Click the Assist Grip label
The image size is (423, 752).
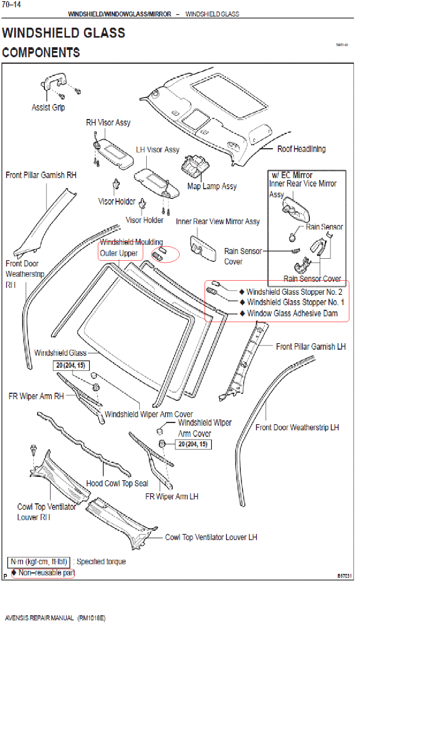48,107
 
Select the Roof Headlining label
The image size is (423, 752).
301,149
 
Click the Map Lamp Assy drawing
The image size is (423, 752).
195,165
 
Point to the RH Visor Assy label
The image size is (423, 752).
108,123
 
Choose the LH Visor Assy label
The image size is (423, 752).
157,150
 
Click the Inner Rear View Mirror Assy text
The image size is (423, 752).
218,221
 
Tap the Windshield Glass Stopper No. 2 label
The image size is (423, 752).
294,292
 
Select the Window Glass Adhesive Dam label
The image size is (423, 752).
292,313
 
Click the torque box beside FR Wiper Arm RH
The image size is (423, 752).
71,365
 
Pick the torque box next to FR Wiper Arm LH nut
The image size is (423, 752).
193,444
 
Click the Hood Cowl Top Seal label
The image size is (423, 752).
117,483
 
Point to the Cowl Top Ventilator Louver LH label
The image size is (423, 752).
211,537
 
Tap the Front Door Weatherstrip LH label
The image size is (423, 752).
297,427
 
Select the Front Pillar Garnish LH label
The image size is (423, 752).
311,347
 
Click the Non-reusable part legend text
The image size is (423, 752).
46,573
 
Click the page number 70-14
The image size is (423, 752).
12,5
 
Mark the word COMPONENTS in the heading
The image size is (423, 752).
41,53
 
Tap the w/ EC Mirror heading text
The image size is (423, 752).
292,175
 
